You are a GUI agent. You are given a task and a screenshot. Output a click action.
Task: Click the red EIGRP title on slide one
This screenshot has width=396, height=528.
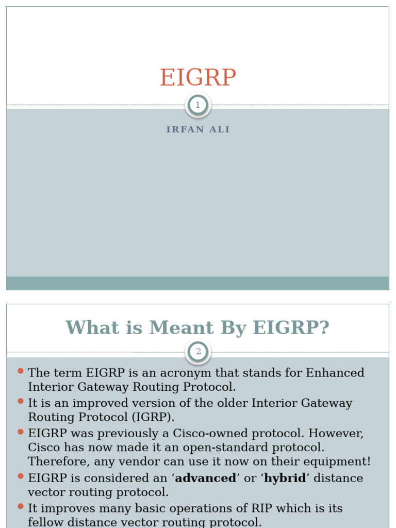(198, 78)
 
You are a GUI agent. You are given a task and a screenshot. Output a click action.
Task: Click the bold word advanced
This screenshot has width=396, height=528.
(206, 478)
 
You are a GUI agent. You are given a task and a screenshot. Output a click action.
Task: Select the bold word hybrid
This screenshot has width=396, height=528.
(285, 478)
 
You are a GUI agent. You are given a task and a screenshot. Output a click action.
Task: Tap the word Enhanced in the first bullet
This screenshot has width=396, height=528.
(335, 372)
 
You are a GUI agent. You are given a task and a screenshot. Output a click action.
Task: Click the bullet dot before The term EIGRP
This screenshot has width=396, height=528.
(21, 371)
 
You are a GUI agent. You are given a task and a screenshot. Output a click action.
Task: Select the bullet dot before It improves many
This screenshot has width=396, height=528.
(21, 507)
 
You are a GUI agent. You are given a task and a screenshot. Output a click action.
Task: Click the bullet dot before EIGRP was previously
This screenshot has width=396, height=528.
(21, 432)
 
